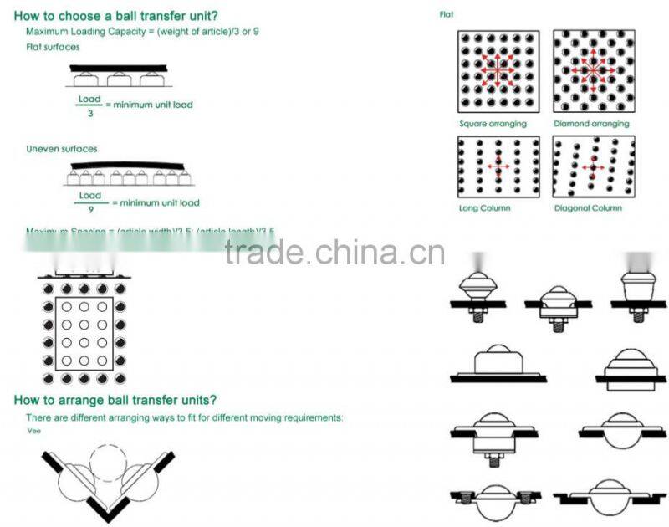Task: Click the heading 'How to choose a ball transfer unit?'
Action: point(117,15)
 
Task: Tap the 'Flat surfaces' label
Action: point(53,47)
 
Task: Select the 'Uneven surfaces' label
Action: point(61,149)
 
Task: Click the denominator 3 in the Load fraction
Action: point(89,112)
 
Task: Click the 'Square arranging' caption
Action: point(493,124)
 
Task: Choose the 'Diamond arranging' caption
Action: point(591,124)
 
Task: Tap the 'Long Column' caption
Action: point(485,207)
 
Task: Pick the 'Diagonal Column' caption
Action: point(588,207)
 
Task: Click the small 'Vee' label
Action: point(33,431)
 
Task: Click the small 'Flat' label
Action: point(447,14)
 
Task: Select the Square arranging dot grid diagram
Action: point(498,71)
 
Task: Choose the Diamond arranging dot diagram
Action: point(593,71)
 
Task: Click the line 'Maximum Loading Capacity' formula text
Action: point(143,32)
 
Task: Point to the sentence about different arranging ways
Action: point(184,417)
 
